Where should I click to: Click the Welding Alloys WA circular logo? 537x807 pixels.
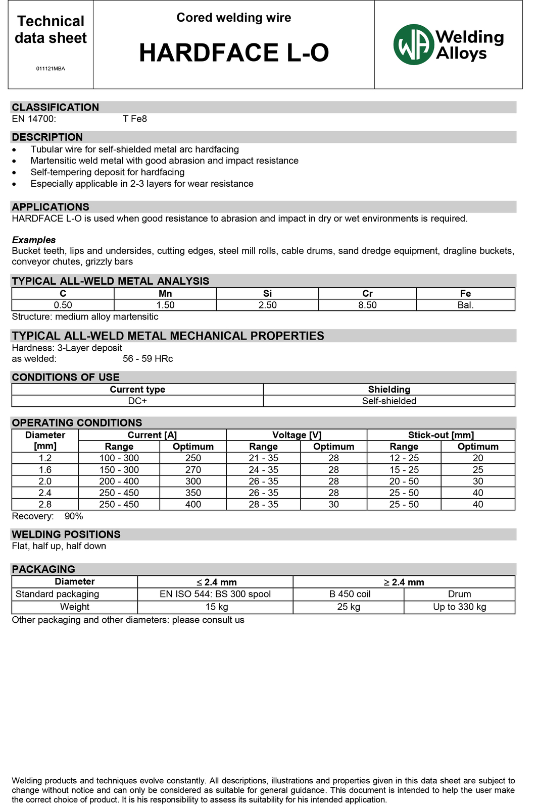click(x=414, y=45)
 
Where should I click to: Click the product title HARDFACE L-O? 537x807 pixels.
click(x=234, y=53)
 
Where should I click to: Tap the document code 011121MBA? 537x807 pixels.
click(x=51, y=69)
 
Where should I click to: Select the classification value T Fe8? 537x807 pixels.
click(x=135, y=119)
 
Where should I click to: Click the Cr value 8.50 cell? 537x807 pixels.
click(x=367, y=305)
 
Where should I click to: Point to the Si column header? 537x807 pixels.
click(x=267, y=294)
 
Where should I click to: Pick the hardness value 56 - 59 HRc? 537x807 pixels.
click(x=148, y=359)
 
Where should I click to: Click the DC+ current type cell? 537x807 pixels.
click(x=137, y=401)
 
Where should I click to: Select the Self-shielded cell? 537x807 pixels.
click(x=389, y=401)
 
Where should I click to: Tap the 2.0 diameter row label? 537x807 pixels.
click(x=45, y=481)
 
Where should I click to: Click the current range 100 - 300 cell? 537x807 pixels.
click(x=119, y=458)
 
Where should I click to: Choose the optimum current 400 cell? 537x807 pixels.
click(x=193, y=505)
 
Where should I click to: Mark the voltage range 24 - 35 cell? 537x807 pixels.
click(x=263, y=470)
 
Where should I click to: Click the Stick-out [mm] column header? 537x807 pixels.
click(x=441, y=435)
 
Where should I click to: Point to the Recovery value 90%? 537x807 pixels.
click(x=74, y=516)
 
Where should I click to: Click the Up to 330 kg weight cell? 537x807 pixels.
click(x=459, y=607)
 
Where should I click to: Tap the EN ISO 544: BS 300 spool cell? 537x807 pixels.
click(x=215, y=594)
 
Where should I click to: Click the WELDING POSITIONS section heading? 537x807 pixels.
click(x=66, y=534)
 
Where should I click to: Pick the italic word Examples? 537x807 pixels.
click(x=34, y=240)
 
